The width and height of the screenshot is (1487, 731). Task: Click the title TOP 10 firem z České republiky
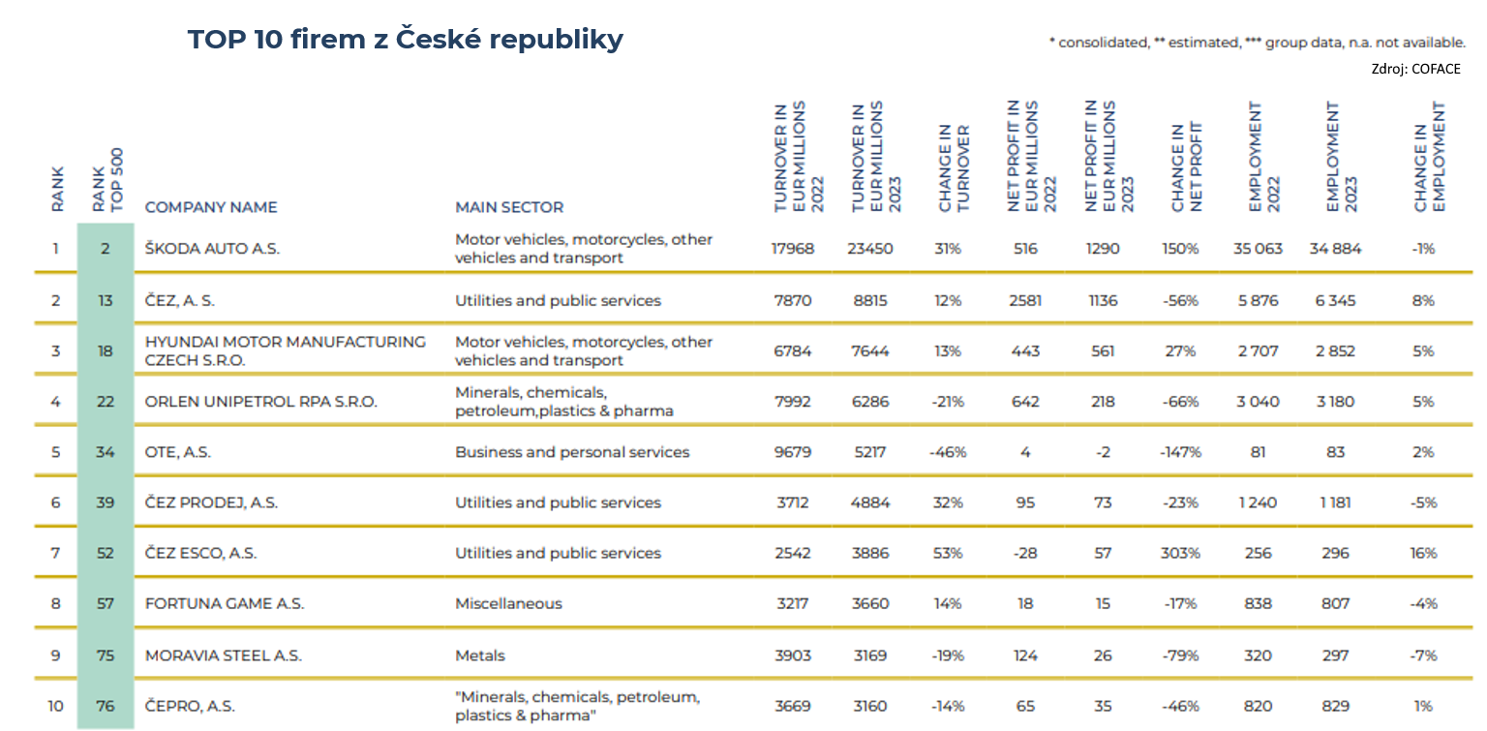tap(405, 40)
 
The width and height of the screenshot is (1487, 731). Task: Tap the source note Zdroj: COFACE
tap(1416, 69)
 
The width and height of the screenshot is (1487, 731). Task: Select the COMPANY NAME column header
tap(211, 207)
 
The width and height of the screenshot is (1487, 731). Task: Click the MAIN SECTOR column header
tap(509, 207)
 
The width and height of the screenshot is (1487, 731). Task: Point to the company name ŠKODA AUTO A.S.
tap(212, 248)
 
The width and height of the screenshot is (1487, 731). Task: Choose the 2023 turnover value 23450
tap(869, 248)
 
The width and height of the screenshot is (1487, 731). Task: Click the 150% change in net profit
tap(1180, 248)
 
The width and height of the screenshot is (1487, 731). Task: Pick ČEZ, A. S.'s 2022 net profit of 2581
tap(1025, 300)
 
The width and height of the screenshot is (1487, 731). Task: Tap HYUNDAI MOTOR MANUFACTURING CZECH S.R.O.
tap(286, 350)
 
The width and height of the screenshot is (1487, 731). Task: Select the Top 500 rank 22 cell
tap(106, 401)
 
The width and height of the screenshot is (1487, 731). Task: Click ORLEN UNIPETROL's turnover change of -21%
tap(948, 401)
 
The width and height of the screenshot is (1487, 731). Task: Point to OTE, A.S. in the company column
tap(178, 451)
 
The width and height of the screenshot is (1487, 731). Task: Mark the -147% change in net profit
tap(1180, 451)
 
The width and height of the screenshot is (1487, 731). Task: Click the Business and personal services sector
tap(572, 451)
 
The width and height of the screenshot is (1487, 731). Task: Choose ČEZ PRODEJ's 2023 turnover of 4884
tap(869, 502)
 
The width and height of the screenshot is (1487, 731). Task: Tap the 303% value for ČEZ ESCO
tap(1180, 553)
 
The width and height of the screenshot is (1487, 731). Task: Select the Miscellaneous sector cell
tap(508, 603)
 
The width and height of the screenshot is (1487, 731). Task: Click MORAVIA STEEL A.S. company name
tap(224, 655)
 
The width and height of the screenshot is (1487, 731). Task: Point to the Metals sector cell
tap(480, 655)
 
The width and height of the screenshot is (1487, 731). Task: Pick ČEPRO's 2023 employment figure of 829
tap(1335, 706)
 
